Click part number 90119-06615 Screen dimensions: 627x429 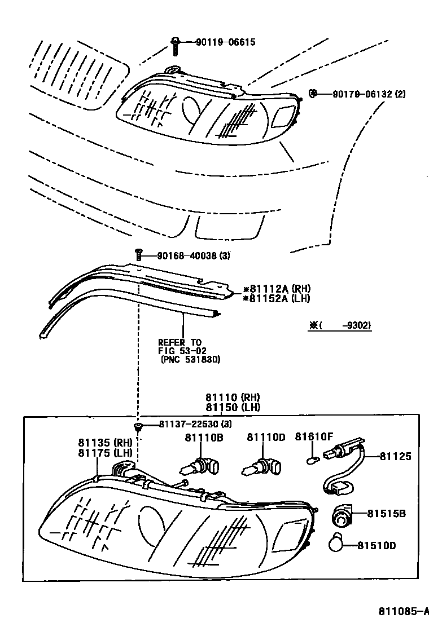(225, 42)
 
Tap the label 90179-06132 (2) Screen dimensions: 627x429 (361, 94)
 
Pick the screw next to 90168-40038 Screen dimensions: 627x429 (138, 254)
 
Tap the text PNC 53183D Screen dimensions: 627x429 (190, 359)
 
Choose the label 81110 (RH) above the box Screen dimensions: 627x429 (231, 398)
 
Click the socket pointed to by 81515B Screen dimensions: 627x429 (341, 515)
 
